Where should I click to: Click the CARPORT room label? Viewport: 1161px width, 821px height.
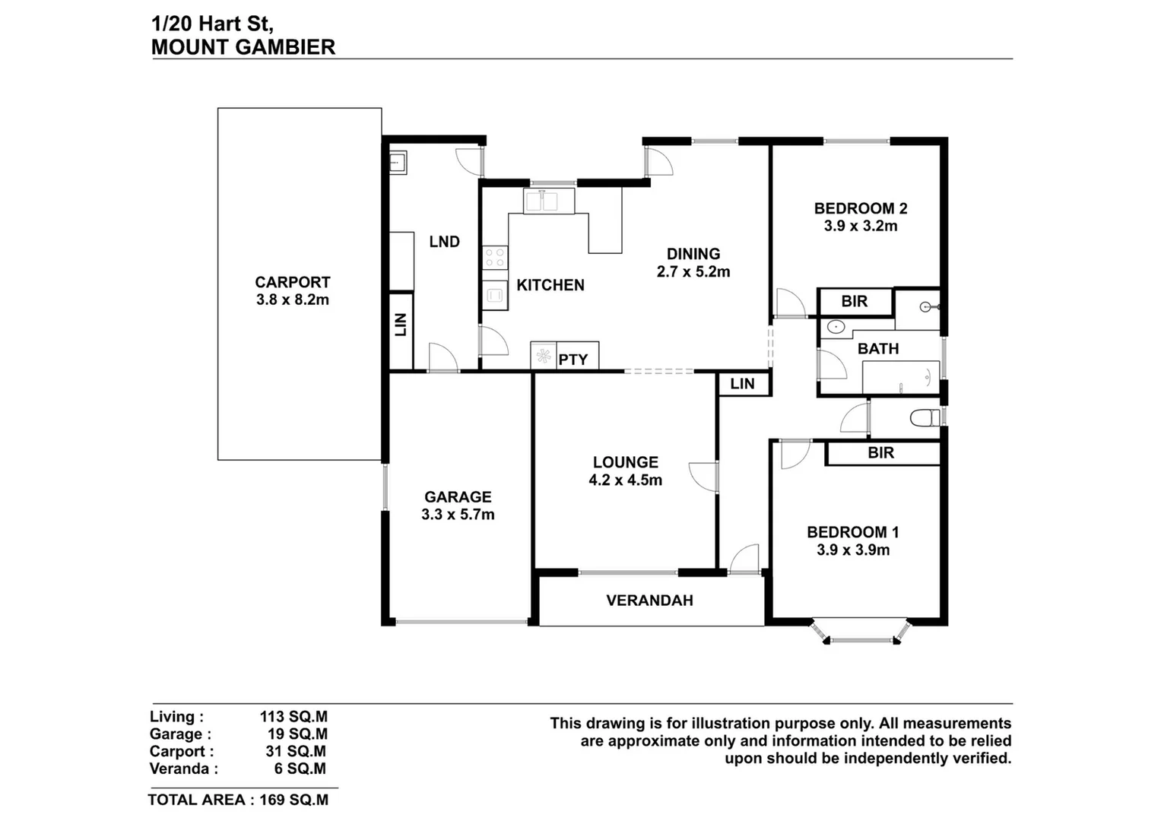(292, 282)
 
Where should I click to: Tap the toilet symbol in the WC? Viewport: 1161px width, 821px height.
(924, 417)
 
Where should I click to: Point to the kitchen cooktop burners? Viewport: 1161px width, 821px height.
(495, 257)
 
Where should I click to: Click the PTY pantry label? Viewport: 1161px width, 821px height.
(573, 360)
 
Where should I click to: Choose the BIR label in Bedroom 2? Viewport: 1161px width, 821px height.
(854, 302)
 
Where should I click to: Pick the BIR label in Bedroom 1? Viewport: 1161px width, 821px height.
(880, 453)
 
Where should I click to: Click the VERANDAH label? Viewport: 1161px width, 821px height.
(649, 601)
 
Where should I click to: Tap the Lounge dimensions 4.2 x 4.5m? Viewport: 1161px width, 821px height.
(625, 480)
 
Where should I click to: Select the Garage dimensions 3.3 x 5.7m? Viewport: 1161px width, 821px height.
(458, 515)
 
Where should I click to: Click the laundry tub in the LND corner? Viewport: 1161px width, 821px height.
(397, 163)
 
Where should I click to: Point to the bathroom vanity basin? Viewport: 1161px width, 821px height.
(836, 328)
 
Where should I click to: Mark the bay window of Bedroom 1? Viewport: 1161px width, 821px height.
(861, 634)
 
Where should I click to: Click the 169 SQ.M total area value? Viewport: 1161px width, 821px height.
(294, 800)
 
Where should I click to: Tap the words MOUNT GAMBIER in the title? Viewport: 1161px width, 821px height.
(243, 47)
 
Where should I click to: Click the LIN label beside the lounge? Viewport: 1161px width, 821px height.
(742, 384)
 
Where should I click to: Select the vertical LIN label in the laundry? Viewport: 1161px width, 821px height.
(401, 325)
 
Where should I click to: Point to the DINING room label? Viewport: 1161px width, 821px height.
(693, 254)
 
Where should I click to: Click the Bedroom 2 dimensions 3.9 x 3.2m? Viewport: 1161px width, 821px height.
(860, 226)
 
